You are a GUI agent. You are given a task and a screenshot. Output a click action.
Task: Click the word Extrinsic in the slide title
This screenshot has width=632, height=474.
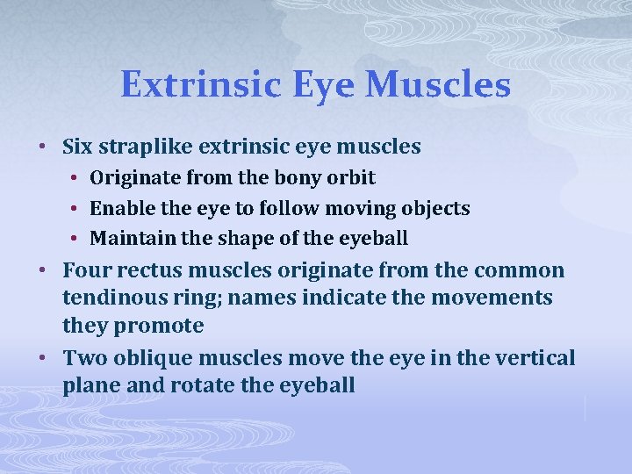pyautogui.click(x=200, y=85)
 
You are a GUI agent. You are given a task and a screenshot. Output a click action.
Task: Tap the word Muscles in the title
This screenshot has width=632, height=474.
pyautogui.click(x=436, y=85)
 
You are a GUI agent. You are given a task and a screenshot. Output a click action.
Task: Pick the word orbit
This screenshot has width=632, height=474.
pyautogui.click(x=352, y=178)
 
